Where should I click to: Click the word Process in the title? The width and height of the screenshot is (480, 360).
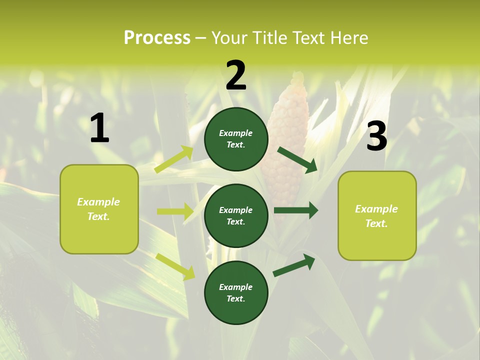coord(157,38)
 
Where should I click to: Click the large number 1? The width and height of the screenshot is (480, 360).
coord(99,128)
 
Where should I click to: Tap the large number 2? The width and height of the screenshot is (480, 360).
coord(236,75)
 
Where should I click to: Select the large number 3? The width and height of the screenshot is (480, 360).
coord(376,136)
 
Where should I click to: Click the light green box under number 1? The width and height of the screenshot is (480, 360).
coord(99,209)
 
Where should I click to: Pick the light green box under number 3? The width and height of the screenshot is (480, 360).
coord(377,215)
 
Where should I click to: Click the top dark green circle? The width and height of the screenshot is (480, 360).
coord(236,139)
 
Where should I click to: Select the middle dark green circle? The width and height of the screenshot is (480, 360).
coord(236,215)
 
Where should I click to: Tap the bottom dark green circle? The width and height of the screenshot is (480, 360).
coord(236,292)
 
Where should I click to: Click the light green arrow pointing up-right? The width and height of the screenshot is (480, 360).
coord(174,159)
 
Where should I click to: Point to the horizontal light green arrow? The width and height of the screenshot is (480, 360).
coord(175,211)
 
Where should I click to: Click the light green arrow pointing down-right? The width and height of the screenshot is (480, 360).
coord(175,266)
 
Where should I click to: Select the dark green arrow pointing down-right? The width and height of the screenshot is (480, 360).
coord(297,159)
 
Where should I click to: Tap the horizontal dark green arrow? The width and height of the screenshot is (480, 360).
coord(296,210)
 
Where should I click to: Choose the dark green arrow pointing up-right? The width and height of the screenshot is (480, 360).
coord(294,264)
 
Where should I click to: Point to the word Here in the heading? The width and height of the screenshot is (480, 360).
coord(348,38)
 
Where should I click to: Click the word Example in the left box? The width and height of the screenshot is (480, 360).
coord(98,202)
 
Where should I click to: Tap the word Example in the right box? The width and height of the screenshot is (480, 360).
coord(376,209)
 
